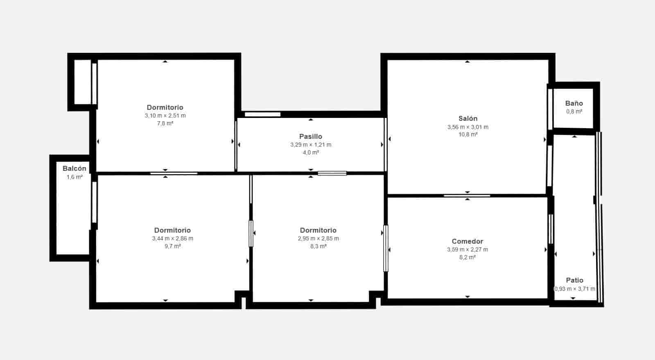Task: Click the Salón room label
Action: point(468,118)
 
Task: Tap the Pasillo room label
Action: point(311,136)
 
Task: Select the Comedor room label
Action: point(467,241)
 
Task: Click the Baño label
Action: point(574,103)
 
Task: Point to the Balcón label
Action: point(74,168)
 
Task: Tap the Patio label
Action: point(575,280)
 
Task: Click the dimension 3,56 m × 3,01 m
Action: point(468,127)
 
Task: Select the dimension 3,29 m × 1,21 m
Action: point(311,145)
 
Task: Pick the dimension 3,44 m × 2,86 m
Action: point(172,238)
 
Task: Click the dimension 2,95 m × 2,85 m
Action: point(318,238)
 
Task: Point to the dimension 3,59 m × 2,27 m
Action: point(467,249)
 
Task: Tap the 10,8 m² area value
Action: point(468,134)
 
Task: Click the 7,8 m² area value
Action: point(165,123)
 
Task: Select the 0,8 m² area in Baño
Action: point(574,111)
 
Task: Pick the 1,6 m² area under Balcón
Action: point(74,177)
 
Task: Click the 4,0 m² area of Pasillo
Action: point(311,152)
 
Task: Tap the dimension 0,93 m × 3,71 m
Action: point(575,289)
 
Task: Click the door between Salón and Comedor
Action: point(467,196)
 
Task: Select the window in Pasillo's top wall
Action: point(262,114)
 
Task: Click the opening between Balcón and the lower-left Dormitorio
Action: point(94,202)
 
